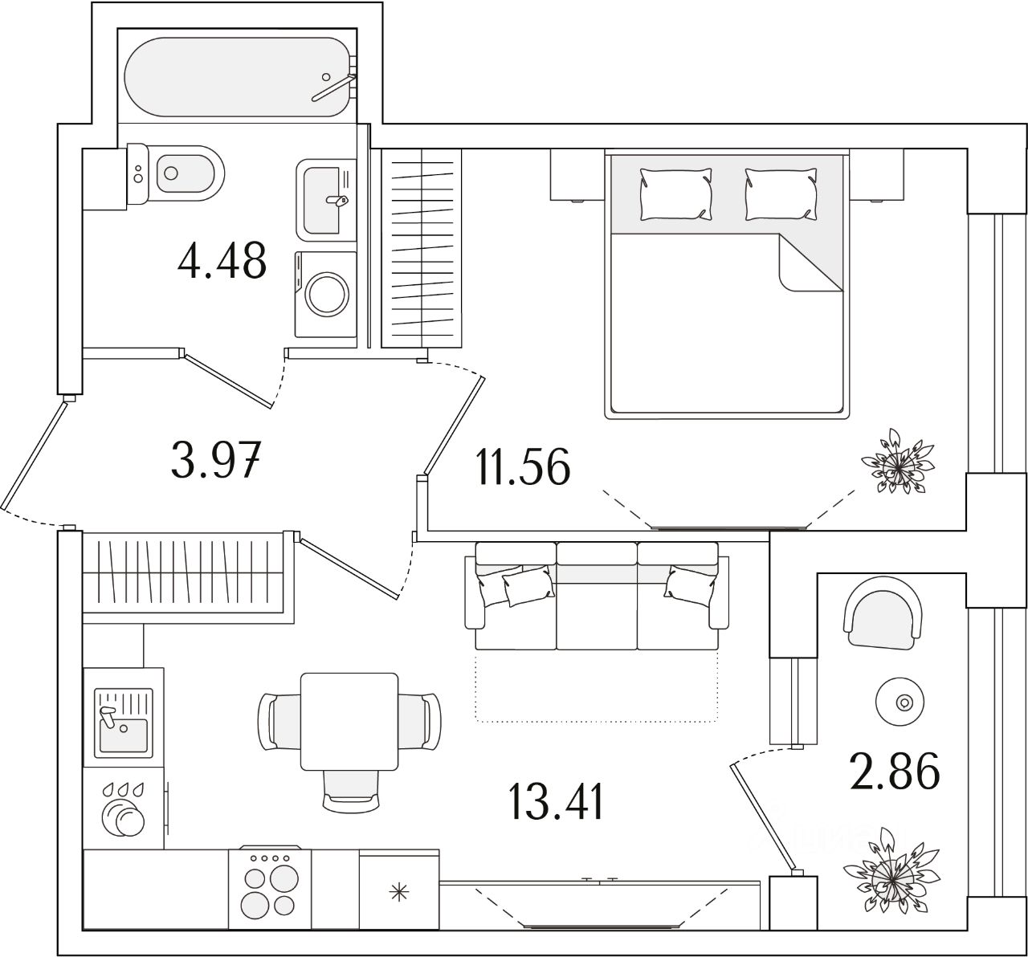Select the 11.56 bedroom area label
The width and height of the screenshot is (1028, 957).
click(523, 466)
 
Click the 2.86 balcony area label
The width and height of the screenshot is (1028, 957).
click(894, 773)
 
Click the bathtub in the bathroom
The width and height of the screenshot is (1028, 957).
click(238, 77)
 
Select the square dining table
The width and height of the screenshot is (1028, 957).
click(349, 721)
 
